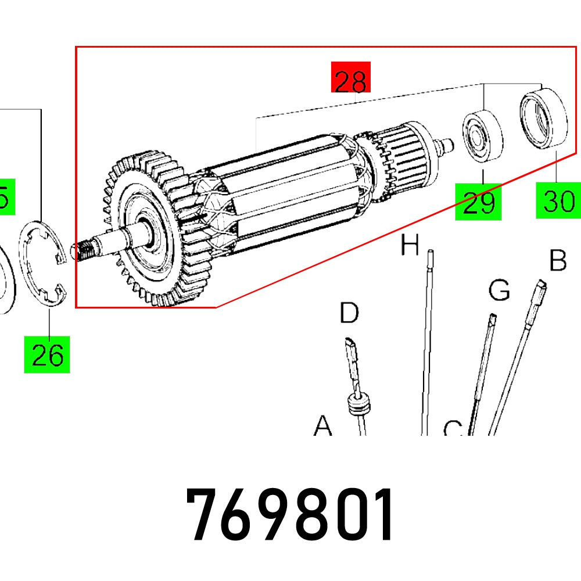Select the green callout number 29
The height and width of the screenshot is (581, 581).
(479, 201)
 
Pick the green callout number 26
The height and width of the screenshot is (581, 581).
(47, 354)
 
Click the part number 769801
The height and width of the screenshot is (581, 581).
(290, 515)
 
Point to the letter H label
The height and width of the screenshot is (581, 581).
(410, 246)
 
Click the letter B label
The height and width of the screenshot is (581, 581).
(558, 261)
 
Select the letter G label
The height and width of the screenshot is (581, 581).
(498, 289)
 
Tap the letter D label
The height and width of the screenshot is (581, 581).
(349, 313)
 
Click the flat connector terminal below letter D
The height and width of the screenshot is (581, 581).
(352, 357)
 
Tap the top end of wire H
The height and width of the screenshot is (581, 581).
(430, 253)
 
